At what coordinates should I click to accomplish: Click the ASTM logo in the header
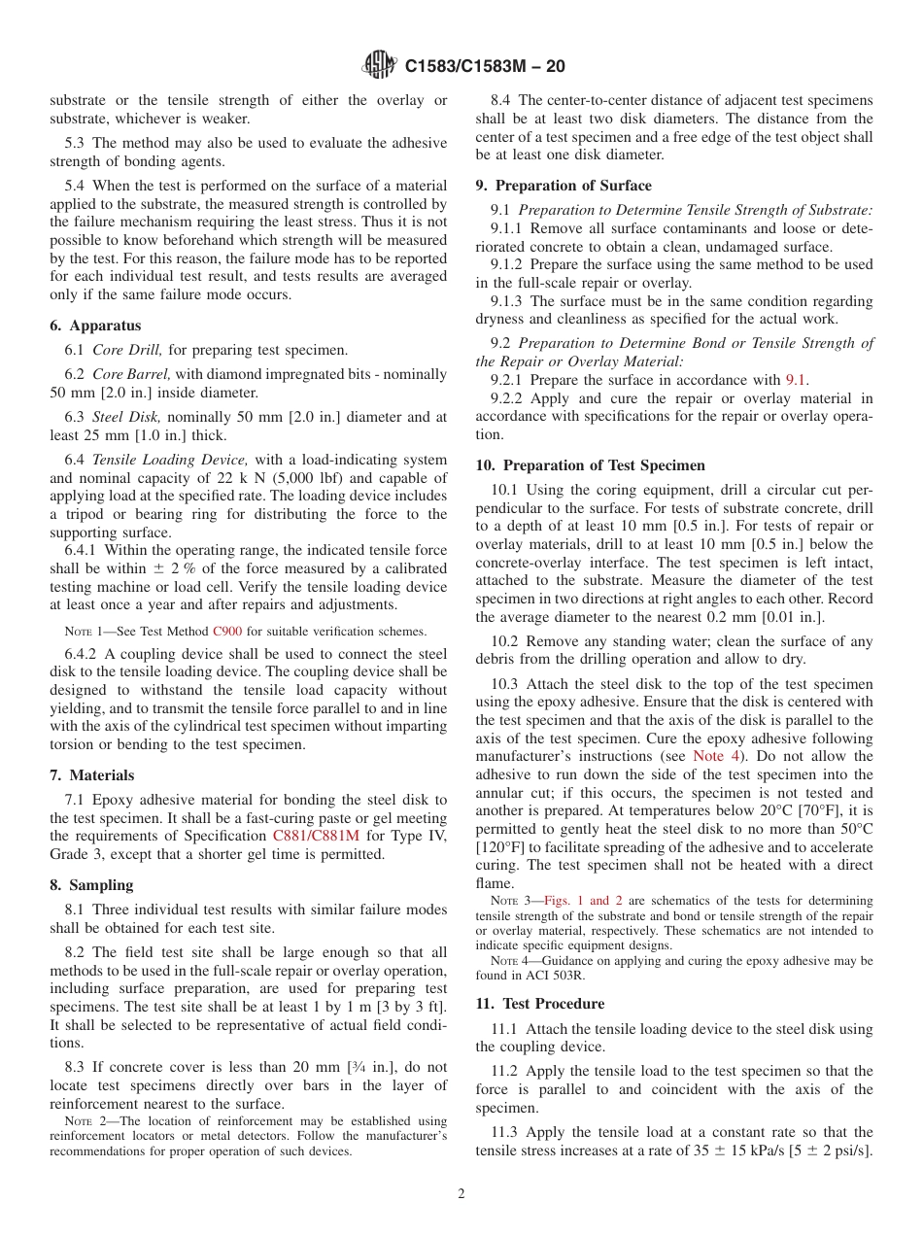380,65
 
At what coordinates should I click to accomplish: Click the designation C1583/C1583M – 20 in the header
484,66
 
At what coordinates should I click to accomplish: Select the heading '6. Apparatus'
95,326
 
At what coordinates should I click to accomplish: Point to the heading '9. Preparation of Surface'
564,186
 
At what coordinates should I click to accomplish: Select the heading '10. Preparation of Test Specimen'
590,465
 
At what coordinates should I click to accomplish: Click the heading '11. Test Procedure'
539,1004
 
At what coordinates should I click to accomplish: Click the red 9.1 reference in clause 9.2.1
796,380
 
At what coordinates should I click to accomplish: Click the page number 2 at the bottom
461,1194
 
